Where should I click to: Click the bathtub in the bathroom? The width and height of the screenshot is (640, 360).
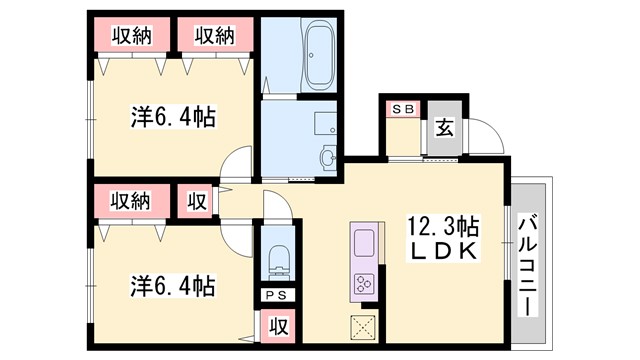click(319, 58)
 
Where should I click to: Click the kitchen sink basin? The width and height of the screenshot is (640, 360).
click(362, 242)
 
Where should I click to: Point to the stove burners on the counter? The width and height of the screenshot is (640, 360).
click(362, 284)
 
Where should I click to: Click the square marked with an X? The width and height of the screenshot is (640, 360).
click(362, 327)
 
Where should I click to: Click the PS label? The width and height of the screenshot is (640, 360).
click(274, 296)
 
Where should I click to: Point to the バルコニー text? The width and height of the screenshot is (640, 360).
click(527, 251)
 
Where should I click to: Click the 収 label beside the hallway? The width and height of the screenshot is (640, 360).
click(197, 201)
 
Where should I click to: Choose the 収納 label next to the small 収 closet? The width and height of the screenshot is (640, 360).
click(131, 201)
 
